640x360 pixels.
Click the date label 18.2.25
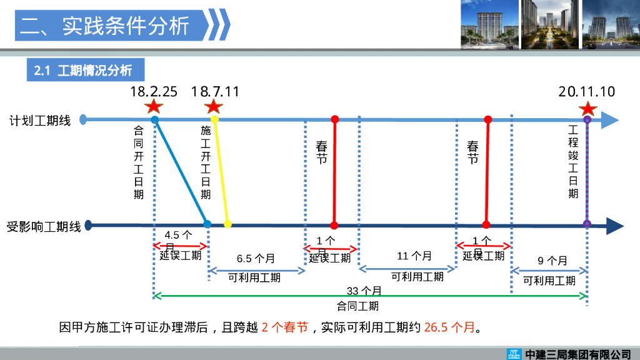154,92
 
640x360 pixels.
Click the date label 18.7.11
215,92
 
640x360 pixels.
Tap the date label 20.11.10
586,92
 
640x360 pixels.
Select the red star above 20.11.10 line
587,109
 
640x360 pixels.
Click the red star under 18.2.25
154,107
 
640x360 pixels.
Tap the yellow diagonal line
221,172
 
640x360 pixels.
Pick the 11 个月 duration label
414,256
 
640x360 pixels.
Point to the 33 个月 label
364,291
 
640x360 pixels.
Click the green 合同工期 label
357,306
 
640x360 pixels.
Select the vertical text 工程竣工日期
573,162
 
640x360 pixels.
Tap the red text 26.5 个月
449,327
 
